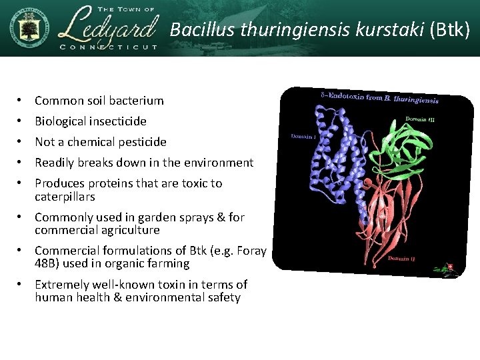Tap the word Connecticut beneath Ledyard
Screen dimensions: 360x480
pos(108,47)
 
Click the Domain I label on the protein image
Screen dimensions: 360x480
pos(304,137)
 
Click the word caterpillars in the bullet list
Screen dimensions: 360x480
pos(65,197)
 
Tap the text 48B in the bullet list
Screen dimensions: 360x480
pos(45,263)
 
